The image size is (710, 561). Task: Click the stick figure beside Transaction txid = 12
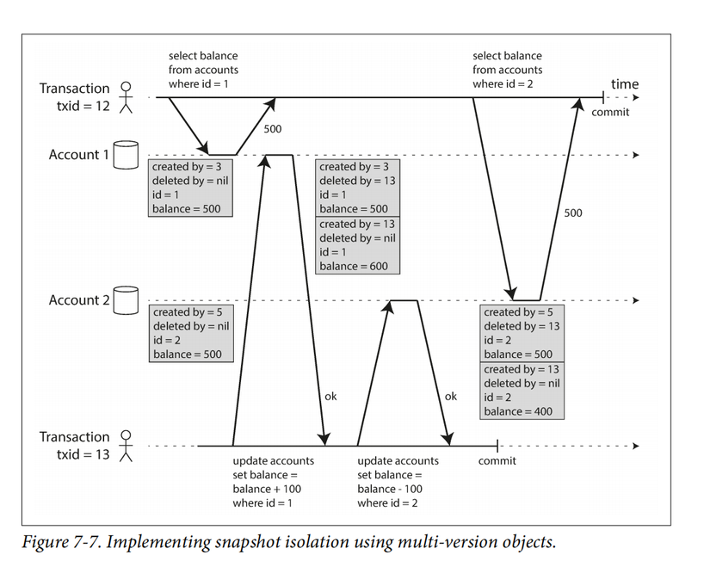(127, 98)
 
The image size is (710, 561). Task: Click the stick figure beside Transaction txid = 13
(127, 446)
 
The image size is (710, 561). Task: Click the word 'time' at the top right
(625, 84)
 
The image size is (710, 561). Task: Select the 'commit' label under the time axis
(610, 112)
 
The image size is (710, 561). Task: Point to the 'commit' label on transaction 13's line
(497, 461)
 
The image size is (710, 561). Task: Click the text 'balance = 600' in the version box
(354, 266)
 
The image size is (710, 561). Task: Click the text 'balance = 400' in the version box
(518, 411)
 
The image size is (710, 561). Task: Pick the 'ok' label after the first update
(331, 397)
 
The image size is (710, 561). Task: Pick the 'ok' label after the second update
(451, 397)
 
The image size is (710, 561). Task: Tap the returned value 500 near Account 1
(273, 129)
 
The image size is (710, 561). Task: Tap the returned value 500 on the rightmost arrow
(573, 213)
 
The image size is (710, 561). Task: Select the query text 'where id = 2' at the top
(503, 83)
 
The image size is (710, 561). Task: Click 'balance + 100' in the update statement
(267, 489)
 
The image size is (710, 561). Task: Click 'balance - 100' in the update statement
(390, 489)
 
